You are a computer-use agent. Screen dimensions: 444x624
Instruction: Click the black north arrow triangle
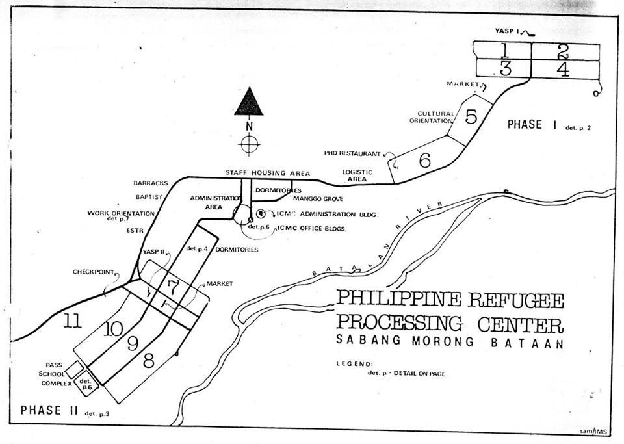pyautogui.click(x=249, y=103)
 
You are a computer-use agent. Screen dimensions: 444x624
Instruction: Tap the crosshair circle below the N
pyautogui.click(x=249, y=144)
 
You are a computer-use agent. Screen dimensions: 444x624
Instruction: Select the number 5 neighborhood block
pyautogui.click(x=472, y=117)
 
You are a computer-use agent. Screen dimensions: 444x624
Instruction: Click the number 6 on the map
pyautogui.click(x=425, y=161)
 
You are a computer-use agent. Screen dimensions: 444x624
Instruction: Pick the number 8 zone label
pyautogui.click(x=149, y=359)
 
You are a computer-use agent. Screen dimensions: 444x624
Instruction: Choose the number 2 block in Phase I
pyautogui.click(x=564, y=50)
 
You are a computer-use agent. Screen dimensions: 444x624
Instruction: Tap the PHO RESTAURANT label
pyautogui.click(x=352, y=153)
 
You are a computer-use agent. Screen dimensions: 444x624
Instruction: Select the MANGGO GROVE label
pyautogui.click(x=318, y=198)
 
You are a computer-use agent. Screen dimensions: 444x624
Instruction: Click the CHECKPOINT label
pyautogui.click(x=94, y=273)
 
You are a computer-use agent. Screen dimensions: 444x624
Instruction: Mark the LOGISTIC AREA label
pyautogui.click(x=357, y=176)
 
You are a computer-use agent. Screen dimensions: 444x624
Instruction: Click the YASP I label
pyautogui.click(x=508, y=31)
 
